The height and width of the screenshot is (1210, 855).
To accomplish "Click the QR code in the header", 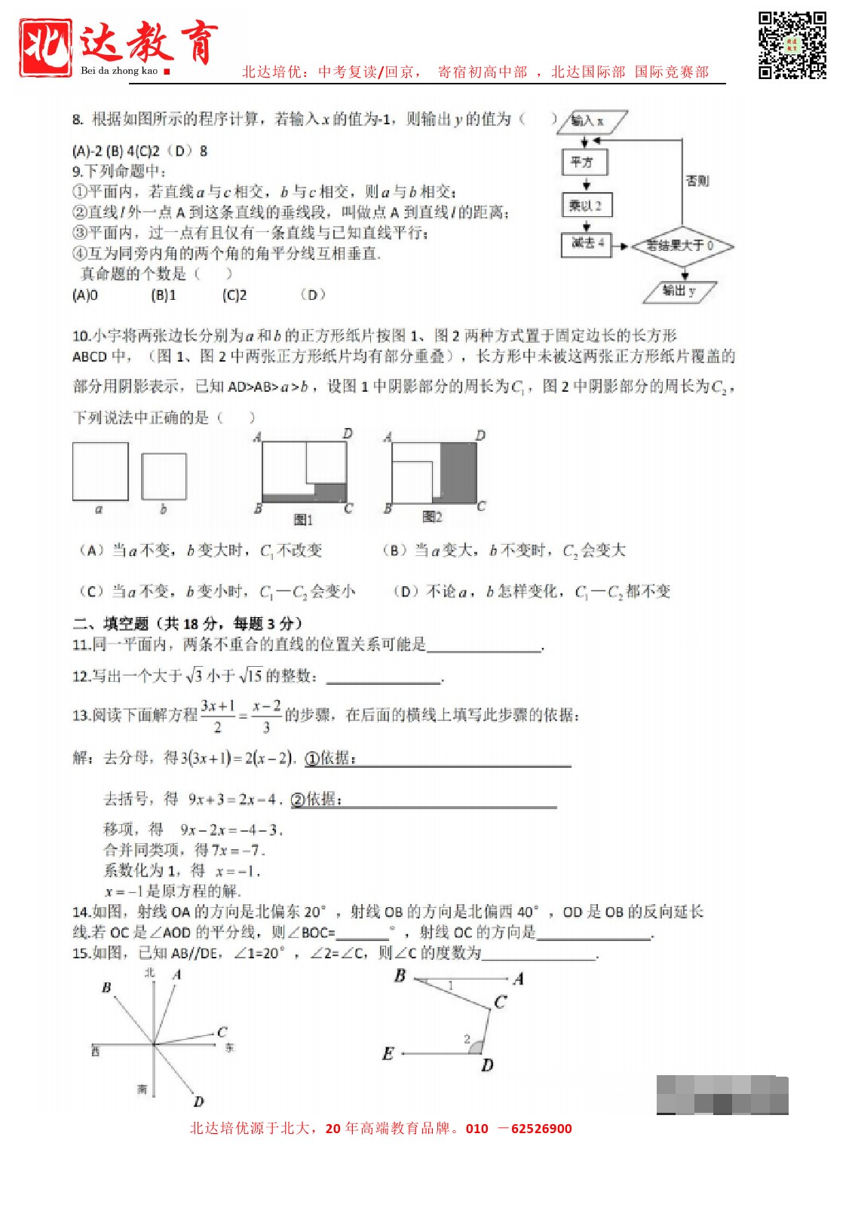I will click(x=792, y=45).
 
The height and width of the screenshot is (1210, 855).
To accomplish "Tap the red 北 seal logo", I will click(x=46, y=47).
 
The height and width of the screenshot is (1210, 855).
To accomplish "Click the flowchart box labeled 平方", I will click(x=584, y=162).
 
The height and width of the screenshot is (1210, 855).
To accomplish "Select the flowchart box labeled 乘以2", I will click(x=586, y=205).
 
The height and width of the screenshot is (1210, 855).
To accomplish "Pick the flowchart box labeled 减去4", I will click(x=586, y=243).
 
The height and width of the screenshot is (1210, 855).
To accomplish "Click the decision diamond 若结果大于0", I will click(x=681, y=246).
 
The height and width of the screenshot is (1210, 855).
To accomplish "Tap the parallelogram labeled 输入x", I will click(x=591, y=121).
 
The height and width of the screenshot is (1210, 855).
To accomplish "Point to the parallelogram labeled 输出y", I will click(x=679, y=291).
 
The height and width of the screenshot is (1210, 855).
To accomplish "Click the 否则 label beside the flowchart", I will click(x=697, y=181).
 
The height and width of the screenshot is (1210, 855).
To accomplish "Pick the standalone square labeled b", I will click(x=164, y=476).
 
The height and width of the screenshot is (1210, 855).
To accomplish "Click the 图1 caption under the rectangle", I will click(x=303, y=520).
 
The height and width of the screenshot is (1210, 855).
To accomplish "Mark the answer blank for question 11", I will click(x=484, y=646).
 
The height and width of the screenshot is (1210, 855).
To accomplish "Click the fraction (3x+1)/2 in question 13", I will click(x=218, y=716).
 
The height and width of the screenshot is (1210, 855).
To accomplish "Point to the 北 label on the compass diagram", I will click(x=149, y=973).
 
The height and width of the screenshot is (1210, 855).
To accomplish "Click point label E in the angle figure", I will click(x=388, y=1053).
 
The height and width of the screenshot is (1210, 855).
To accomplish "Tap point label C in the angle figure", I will click(x=500, y=1002).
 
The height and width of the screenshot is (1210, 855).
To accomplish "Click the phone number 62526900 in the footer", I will click(x=541, y=1129).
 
